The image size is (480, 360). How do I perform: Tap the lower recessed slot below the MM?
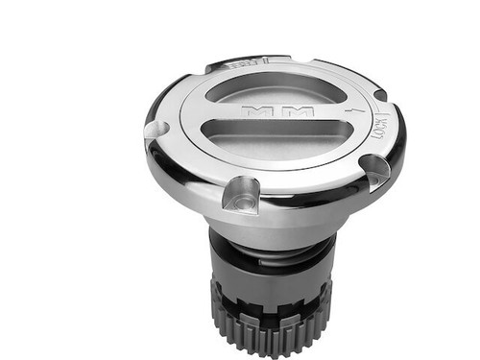coord(278,135)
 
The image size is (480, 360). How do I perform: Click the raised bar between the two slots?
coord(278,112)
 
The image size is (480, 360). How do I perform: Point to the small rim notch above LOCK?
coord(380,95)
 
